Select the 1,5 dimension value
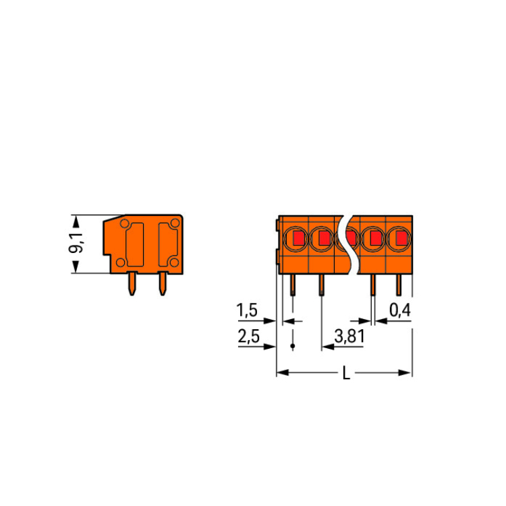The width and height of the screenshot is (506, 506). coord(247,310)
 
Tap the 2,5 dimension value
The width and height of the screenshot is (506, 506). coord(248,336)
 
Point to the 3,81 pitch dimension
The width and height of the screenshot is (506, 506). coord(349,336)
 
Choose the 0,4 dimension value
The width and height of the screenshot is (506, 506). coord(400,310)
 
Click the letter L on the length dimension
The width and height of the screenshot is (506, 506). coord(346,374)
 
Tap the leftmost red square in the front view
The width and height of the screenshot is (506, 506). coord(299,238)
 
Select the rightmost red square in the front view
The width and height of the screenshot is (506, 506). coord(401,238)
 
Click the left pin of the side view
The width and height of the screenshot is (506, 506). coord(132,283)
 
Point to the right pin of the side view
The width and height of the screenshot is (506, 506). coord(163,283)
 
